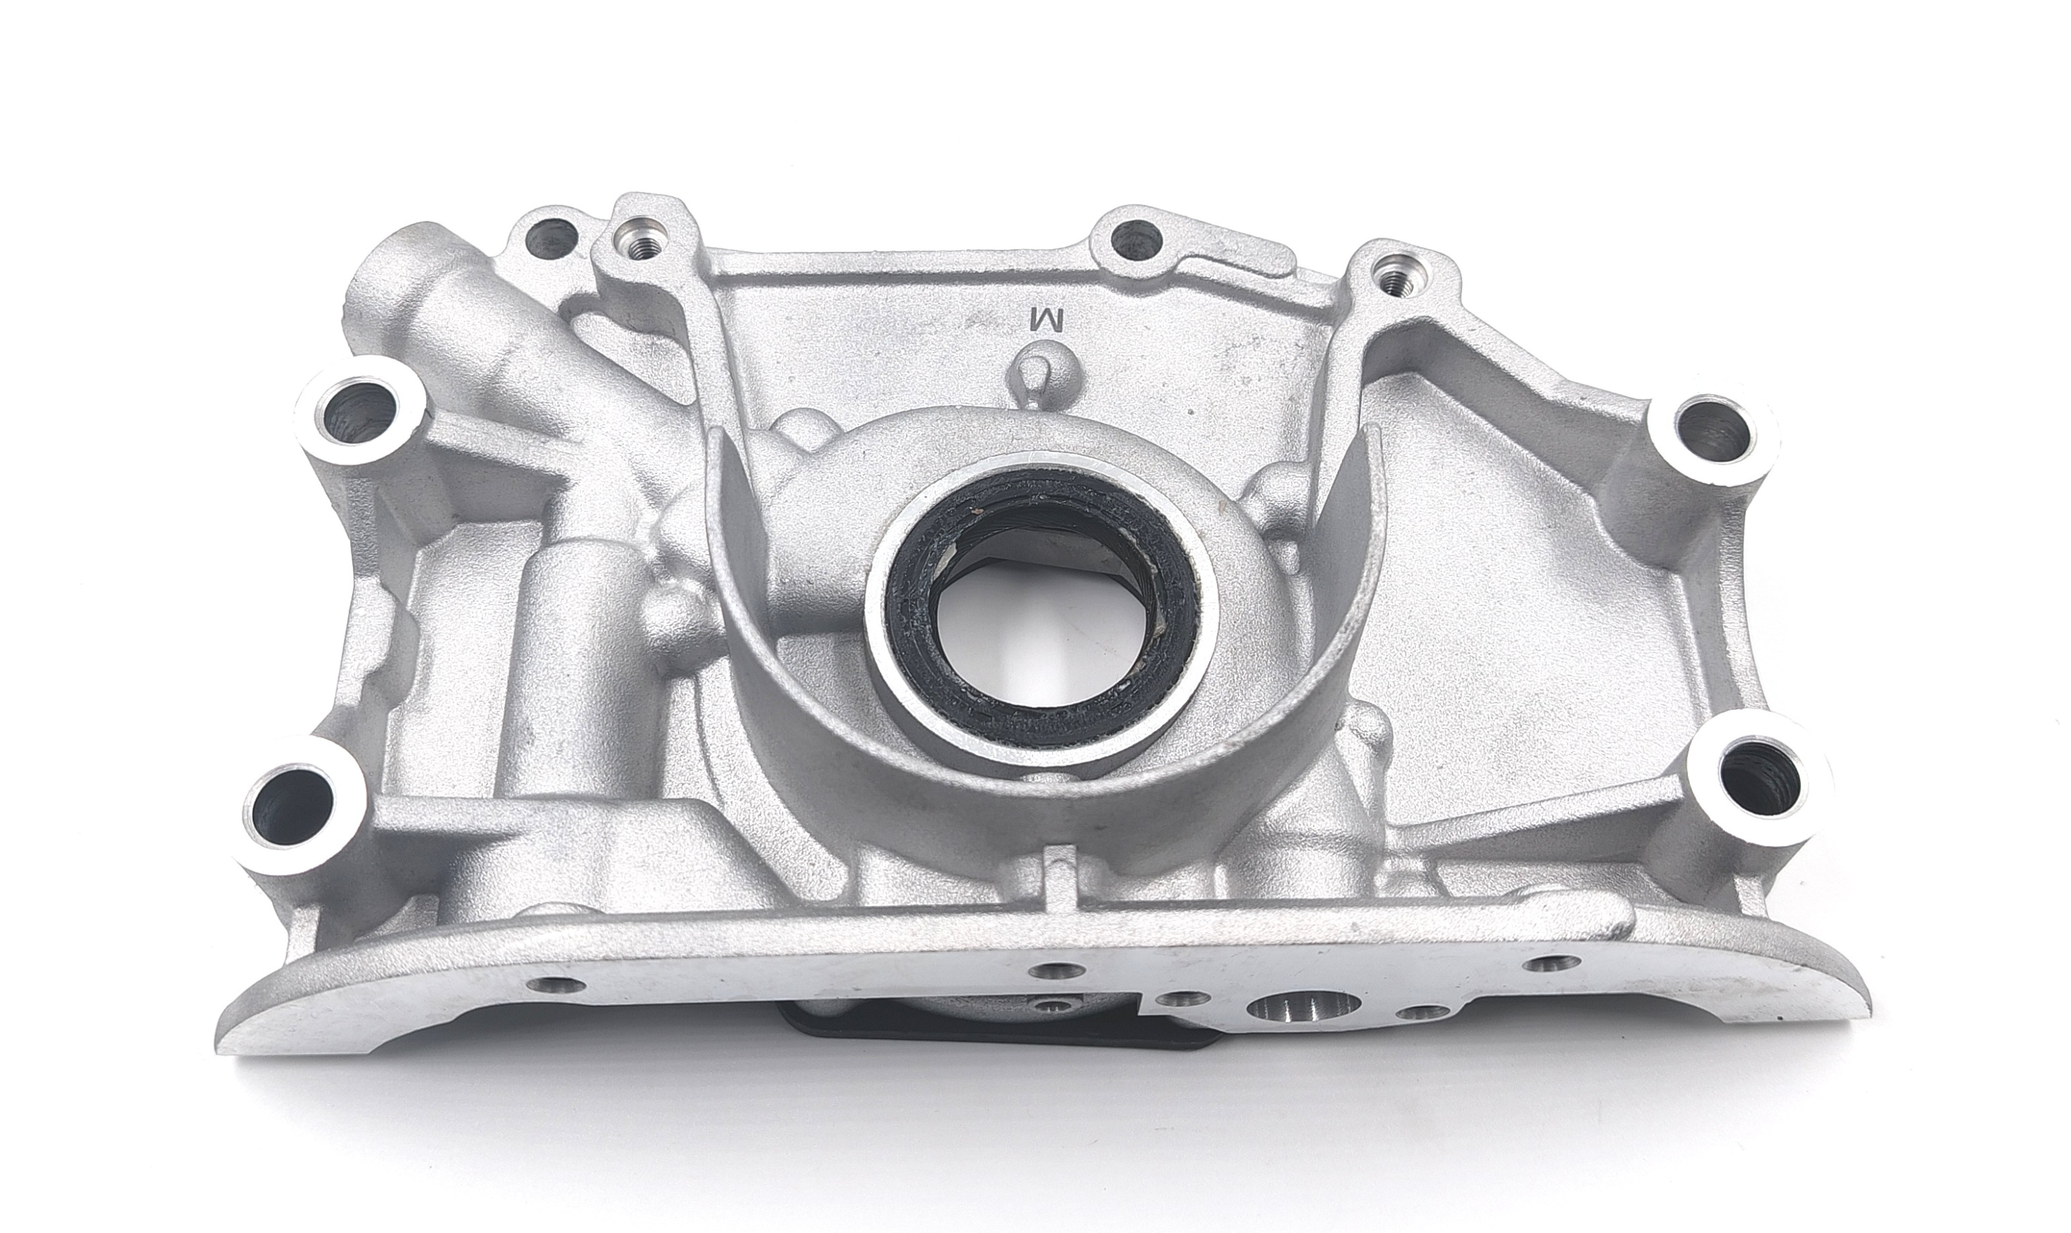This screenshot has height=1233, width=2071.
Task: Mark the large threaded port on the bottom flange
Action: coord(1304,1008)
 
